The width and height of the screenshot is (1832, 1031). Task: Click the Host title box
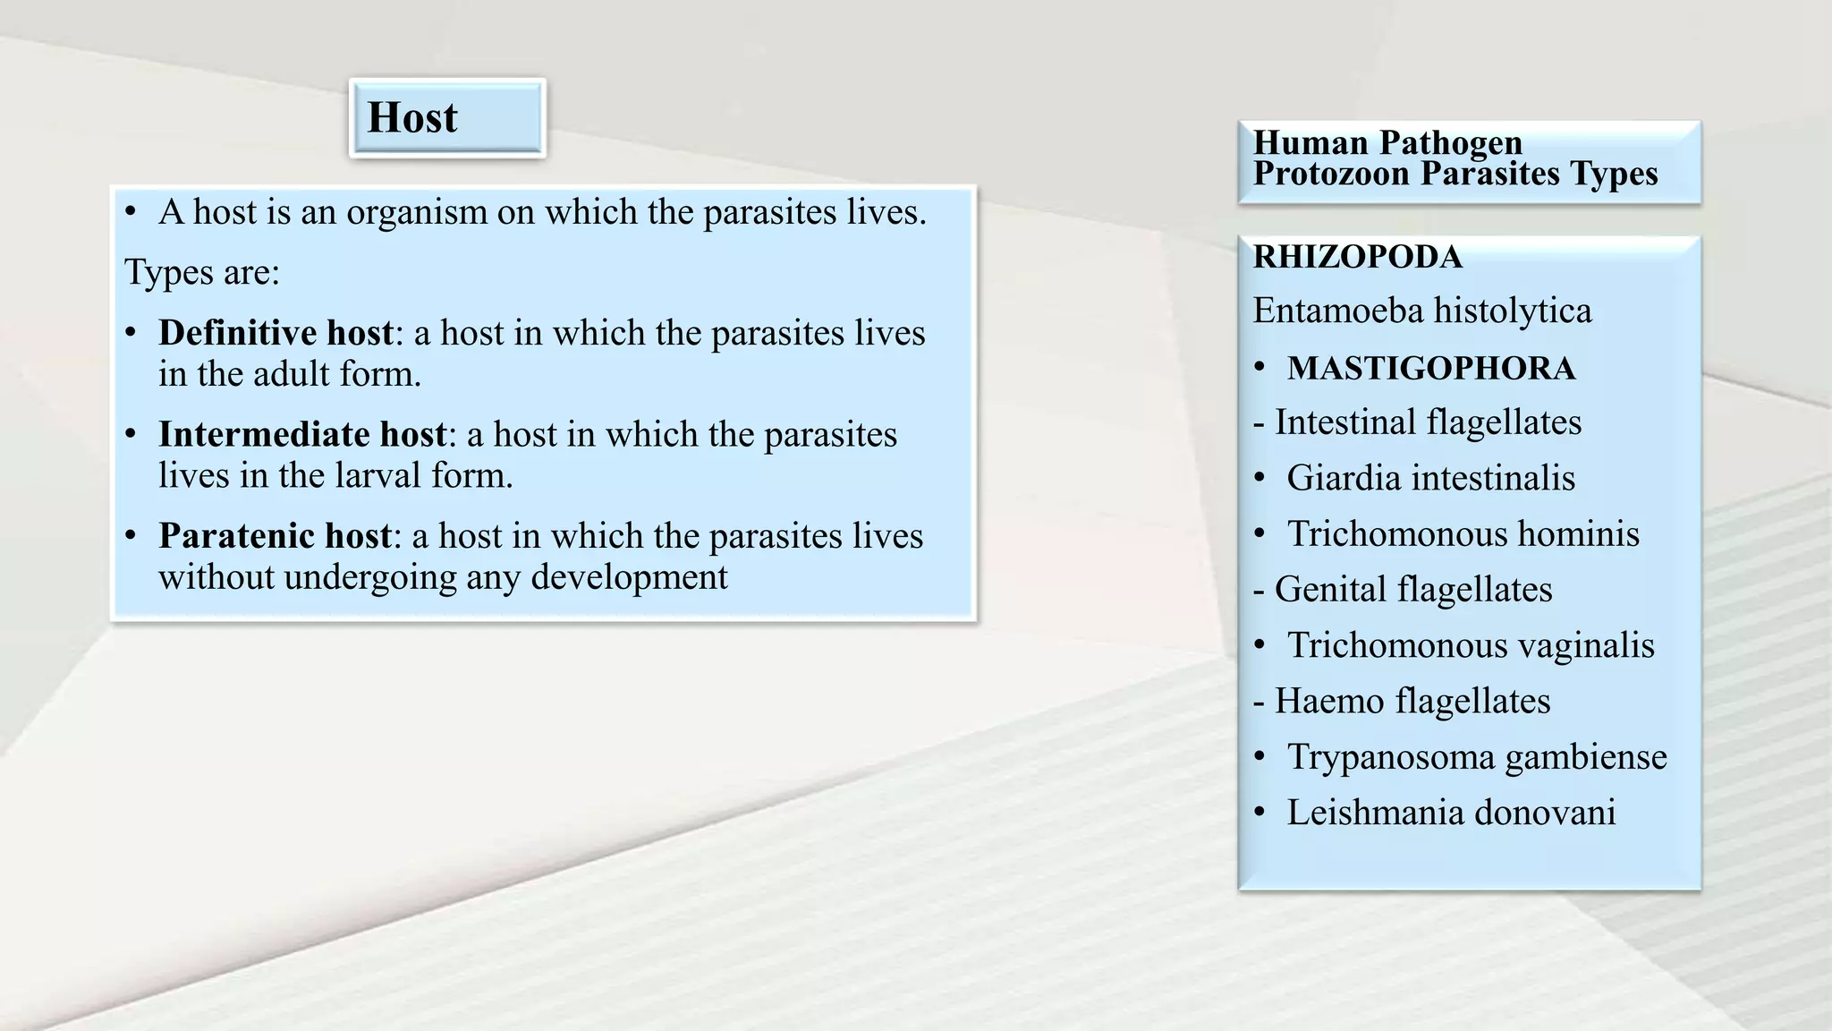[x=446, y=118]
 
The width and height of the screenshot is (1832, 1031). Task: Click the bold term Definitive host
[x=276, y=333]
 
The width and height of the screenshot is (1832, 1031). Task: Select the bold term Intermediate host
[x=301, y=434]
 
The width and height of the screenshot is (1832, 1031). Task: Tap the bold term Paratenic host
[x=275, y=536]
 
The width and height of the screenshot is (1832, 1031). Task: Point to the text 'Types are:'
[x=202, y=272]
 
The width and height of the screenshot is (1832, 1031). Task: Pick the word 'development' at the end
[x=629, y=577]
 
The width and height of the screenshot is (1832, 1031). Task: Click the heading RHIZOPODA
[x=1356, y=258]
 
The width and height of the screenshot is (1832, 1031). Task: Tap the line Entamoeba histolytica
[x=1421, y=311]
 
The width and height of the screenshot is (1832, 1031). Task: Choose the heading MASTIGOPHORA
[x=1430, y=369]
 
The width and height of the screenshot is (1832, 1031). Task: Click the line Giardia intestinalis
[x=1430, y=478]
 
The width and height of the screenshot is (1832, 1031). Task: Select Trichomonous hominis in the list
[x=1463, y=534]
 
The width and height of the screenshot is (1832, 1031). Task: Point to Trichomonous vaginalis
[x=1470, y=645]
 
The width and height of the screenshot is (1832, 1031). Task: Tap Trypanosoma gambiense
[x=1476, y=757]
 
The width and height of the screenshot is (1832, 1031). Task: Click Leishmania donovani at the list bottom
[x=1450, y=813]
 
